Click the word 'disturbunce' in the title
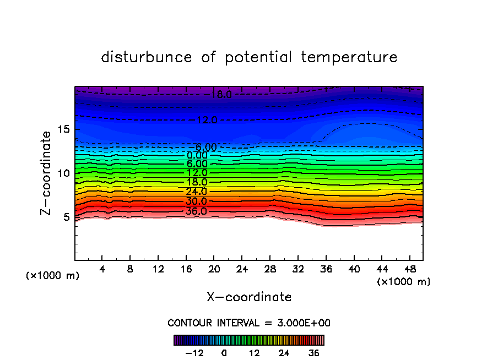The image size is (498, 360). [147, 57]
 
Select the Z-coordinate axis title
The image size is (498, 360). [46, 173]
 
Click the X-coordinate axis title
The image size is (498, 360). [249, 297]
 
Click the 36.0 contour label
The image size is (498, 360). [197, 211]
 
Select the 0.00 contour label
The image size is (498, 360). [197, 156]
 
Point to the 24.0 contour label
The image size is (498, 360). [197, 192]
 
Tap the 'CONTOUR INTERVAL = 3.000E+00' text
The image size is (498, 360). [249, 323]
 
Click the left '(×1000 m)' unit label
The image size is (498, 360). [53, 276]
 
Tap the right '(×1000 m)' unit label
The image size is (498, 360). [404, 282]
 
